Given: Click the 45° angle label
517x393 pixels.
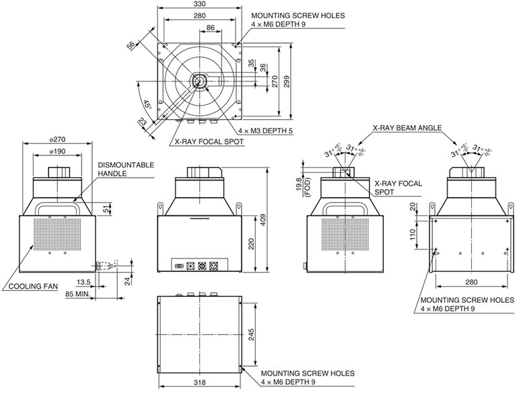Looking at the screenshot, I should point(147,106).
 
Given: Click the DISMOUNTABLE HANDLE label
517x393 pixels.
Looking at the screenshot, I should point(126,169).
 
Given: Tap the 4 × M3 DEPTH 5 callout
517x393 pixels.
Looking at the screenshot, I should point(265,131).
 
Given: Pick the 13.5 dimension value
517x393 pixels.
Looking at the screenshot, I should point(83,282).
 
